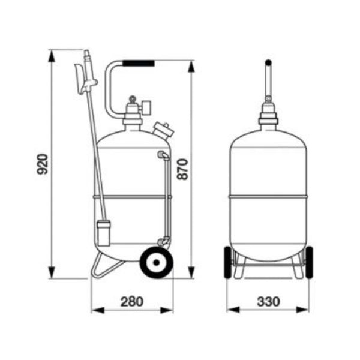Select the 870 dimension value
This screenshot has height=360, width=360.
click(184, 169)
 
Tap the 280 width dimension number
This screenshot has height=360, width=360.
click(132, 301)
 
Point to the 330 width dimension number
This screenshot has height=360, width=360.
click(268, 301)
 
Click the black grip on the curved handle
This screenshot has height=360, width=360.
click(139, 62)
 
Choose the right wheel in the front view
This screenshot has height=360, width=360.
click(308, 262)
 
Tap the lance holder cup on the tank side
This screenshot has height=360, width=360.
click(103, 232)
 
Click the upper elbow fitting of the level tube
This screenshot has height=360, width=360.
click(161, 155)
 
